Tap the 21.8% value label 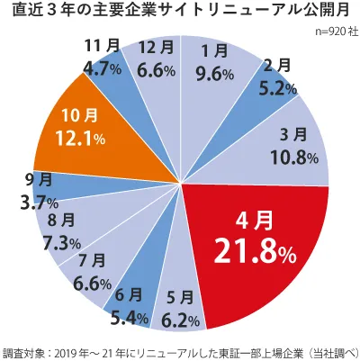click(255, 253)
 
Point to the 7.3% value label click(54, 243)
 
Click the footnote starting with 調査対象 click(180, 351)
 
